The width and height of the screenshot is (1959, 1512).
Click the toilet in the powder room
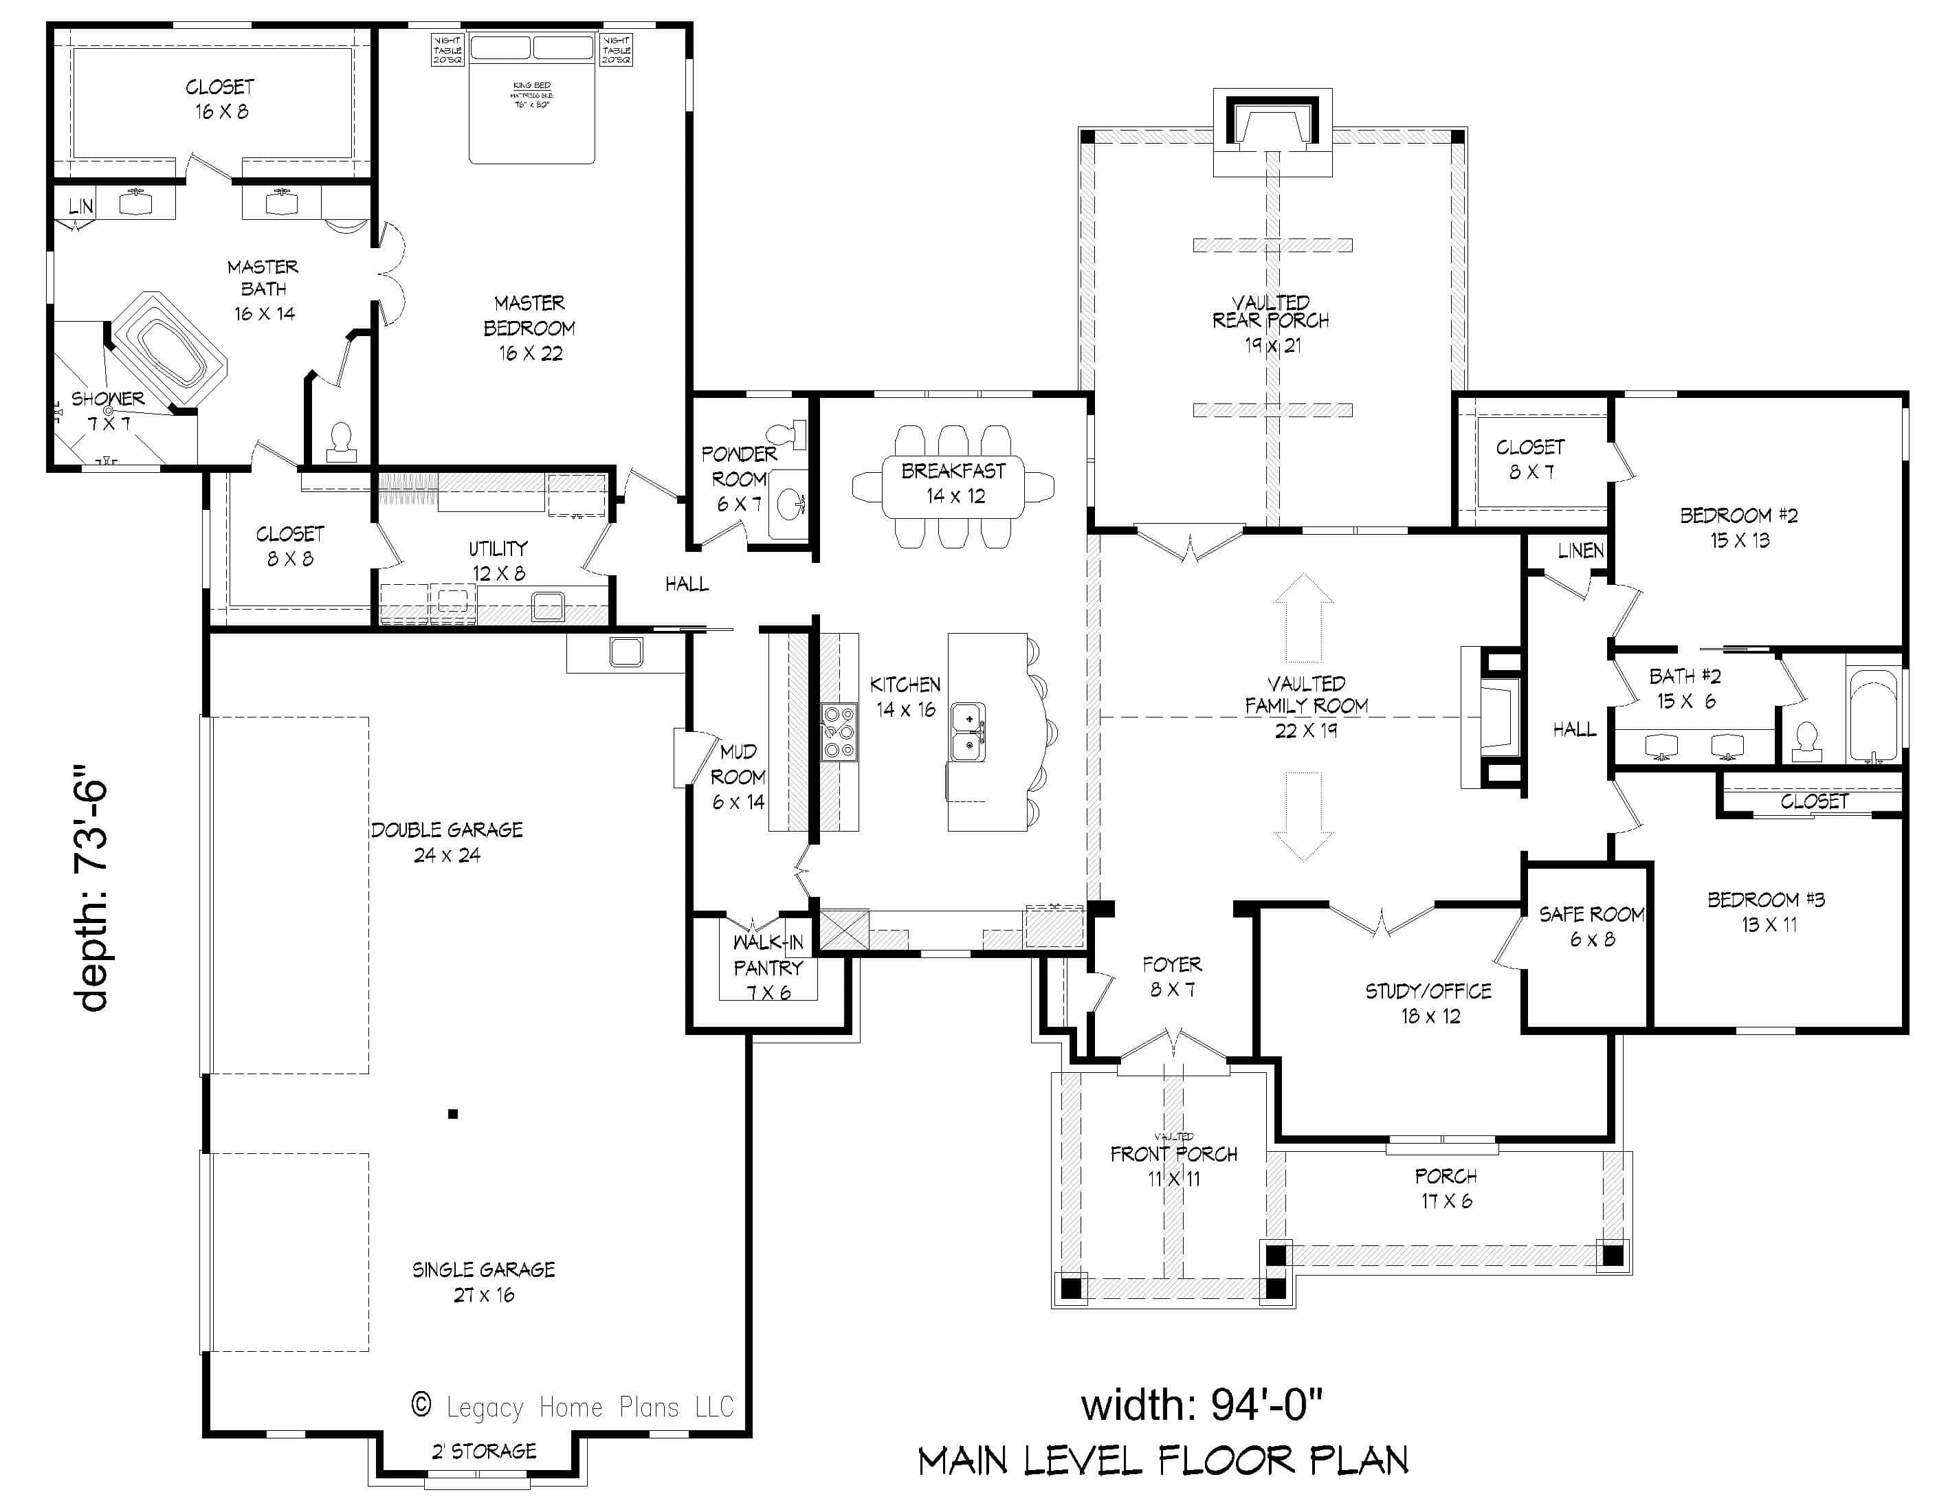click(789, 435)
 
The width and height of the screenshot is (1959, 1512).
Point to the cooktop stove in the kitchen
click(839, 733)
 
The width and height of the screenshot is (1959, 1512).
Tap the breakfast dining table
click(953, 485)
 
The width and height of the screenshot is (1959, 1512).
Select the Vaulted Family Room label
click(1306, 706)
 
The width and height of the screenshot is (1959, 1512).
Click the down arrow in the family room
click(1303, 816)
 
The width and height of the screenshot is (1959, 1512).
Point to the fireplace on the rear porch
click(1272, 126)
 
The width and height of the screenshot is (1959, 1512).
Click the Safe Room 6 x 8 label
click(1591, 926)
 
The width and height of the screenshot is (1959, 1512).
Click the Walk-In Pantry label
click(768, 967)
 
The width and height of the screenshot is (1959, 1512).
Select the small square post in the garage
click(453, 1114)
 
